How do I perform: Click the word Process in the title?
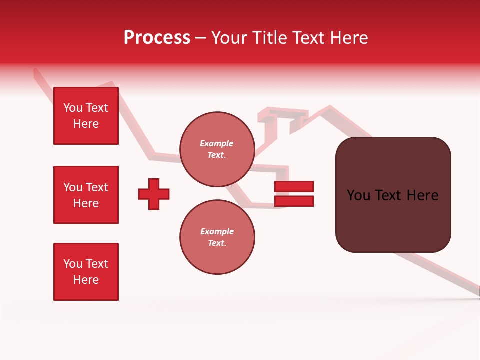pyautogui.click(x=157, y=38)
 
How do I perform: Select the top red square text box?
pyautogui.click(x=86, y=116)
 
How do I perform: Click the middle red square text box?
pyautogui.click(x=86, y=195)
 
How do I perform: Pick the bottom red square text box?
pyautogui.click(x=86, y=272)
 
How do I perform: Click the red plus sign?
pyautogui.click(x=154, y=194)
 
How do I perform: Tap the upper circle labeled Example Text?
pyautogui.click(x=217, y=149)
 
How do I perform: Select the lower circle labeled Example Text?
pyautogui.click(x=217, y=237)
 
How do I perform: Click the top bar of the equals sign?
pyautogui.click(x=294, y=187)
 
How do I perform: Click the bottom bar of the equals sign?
pyautogui.click(x=294, y=201)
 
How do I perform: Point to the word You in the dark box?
pyautogui.click(x=358, y=195)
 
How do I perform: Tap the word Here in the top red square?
pyautogui.click(x=86, y=124)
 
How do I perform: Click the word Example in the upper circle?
pyautogui.click(x=217, y=143)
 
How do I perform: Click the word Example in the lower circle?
pyautogui.click(x=217, y=231)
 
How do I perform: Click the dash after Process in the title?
pyautogui.click(x=200, y=38)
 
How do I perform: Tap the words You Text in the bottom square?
pyautogui.click(x=86, y=264)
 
